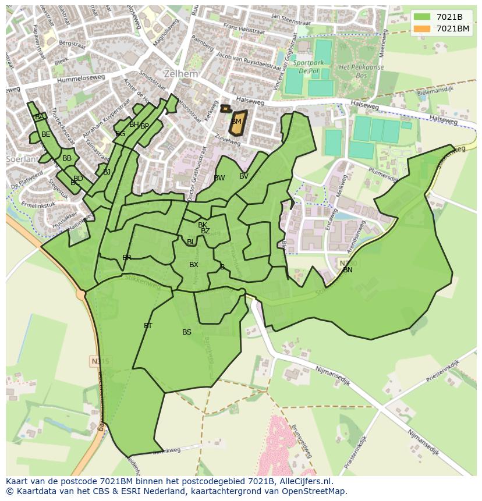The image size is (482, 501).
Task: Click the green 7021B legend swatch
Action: pos(422,17)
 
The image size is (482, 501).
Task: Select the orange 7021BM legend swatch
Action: pos(422,29)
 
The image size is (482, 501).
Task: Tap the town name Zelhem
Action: pos(180,74)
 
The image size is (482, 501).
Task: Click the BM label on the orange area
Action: pos(236,122)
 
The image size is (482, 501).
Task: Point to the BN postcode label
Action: pos(348,270)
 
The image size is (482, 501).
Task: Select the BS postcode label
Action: pos(186,332)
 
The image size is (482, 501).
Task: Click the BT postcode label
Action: pos(148,326)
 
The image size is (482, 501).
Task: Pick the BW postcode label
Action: pos(219,178)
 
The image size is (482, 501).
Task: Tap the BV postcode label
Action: pos(243,176)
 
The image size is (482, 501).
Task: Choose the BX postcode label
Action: pos(194,265)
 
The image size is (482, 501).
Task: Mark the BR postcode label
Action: pos(127,258)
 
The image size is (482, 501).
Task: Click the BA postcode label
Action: pos(39,117)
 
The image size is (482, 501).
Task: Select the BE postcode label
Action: pos(45,134)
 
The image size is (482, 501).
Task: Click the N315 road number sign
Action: pos(101,361)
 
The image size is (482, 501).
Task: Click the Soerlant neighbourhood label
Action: pos(20,159)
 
